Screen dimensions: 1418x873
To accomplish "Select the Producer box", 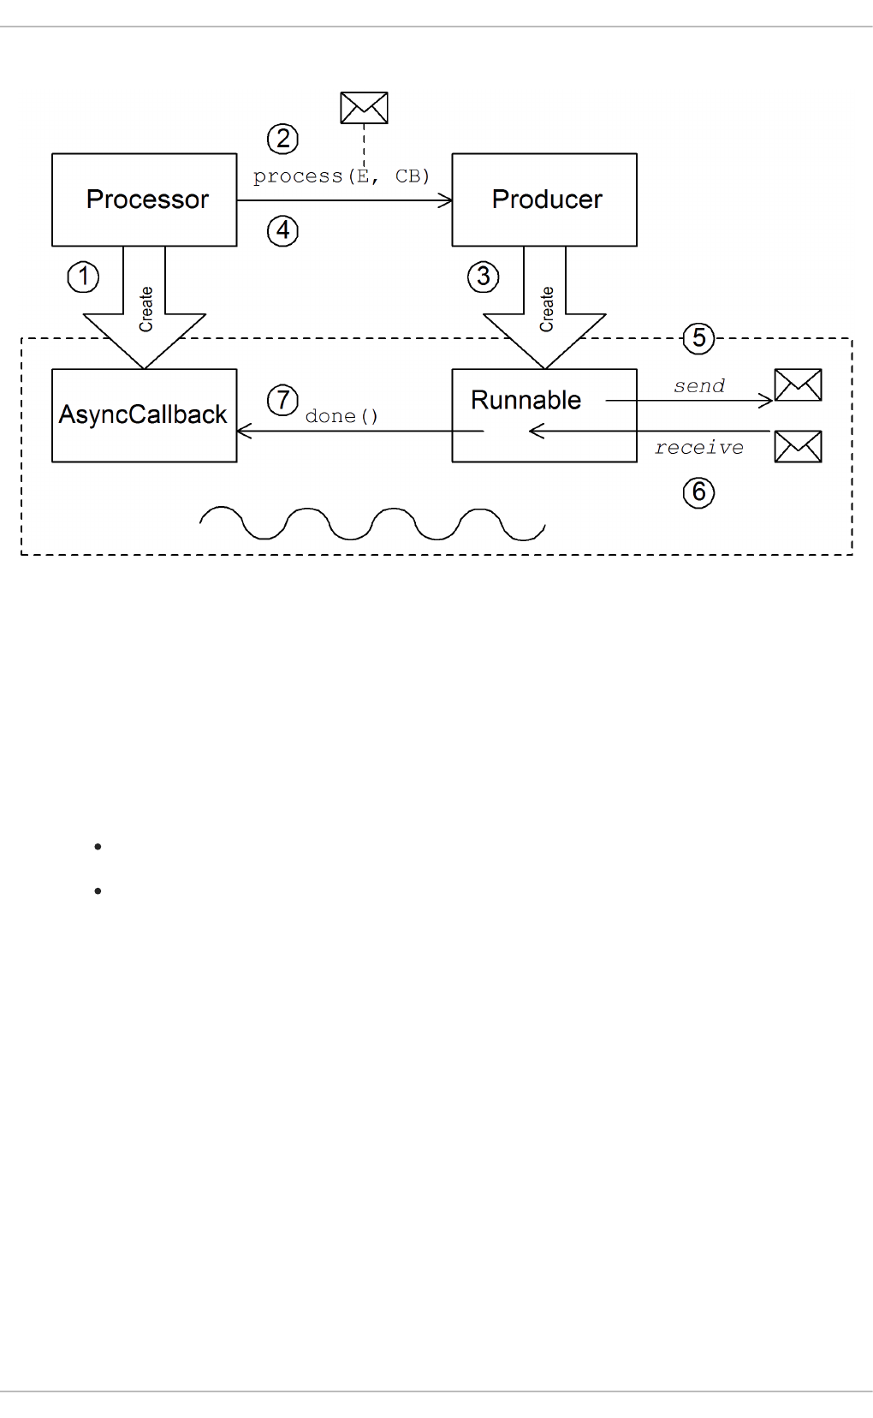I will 544,200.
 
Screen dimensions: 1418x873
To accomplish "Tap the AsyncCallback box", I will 144,415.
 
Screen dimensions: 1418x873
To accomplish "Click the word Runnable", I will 526,400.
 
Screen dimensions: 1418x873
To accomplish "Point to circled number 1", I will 83,277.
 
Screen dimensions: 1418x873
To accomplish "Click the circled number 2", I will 282,139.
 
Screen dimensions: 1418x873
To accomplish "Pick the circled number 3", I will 484,277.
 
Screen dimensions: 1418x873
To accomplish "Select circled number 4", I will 282,230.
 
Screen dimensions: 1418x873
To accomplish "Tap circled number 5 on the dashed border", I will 699,338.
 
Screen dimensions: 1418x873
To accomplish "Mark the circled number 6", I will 699,492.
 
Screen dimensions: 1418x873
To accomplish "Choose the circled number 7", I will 282,400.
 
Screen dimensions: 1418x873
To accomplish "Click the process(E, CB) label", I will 341,176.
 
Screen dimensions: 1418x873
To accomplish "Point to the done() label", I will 341,416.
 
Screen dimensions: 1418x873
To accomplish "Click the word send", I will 699,386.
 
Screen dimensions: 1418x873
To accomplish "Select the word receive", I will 699,448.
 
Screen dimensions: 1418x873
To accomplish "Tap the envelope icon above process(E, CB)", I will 364,108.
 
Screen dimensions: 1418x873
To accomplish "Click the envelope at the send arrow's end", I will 798,385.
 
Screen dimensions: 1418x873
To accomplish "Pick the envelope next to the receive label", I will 798,446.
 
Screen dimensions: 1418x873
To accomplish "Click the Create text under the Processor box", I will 145,309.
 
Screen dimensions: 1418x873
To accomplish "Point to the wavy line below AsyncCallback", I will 372,523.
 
